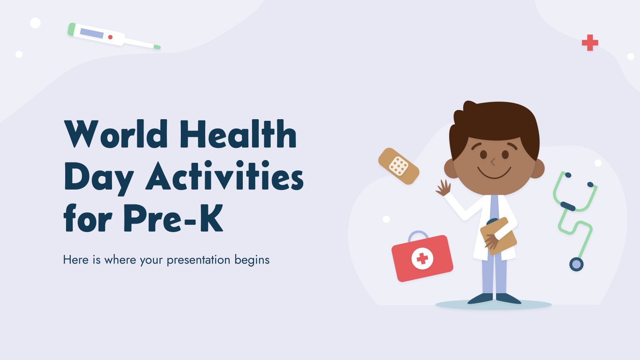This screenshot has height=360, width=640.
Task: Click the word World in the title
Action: (x=116, y=134)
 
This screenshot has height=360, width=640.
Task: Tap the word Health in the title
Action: (x=238, y=134)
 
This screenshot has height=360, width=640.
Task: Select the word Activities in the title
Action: (x=224, y=175)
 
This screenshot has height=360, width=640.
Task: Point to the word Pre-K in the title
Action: (x=173, y=218)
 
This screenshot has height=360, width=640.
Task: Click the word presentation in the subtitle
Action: (x=198, y=260)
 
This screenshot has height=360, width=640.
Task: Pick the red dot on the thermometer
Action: (x=110, y=37)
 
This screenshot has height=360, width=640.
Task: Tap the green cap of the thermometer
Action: (x=72, y=30)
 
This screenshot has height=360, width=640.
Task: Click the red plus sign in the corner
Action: (x=590, y=43)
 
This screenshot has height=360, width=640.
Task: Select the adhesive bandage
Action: (x=399, y=166)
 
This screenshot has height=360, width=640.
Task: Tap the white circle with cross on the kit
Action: (x=422, y=258)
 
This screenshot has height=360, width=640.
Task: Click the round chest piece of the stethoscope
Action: (x=576, y=264)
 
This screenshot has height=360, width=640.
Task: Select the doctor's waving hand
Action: (x=444, y=188)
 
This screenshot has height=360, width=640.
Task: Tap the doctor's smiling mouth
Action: (x=494, y=173)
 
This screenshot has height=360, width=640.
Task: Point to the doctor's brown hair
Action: (x=494, y=126)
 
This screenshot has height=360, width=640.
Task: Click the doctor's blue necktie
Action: (x=494, y=208)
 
